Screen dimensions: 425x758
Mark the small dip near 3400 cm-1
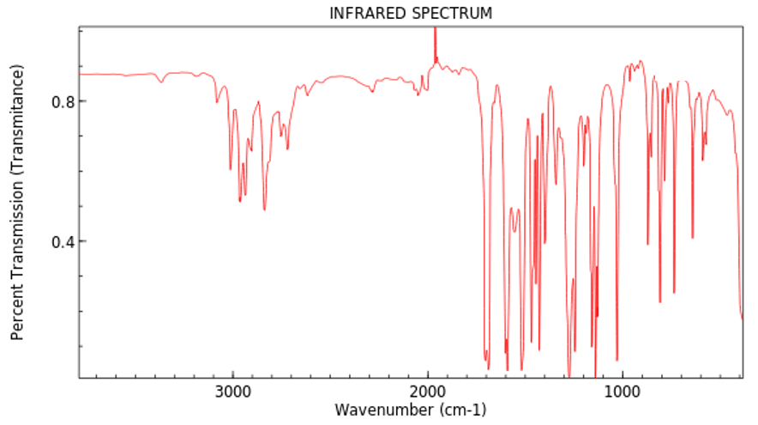click(x=160, y=82)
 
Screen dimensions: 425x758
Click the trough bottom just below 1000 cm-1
click(x=617, y=360)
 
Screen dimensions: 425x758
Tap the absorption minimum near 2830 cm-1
click(x=264, y=209)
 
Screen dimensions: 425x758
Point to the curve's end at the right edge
click(x=742, y=319)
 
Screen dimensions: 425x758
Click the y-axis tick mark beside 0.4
click(x=81, y=241)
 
